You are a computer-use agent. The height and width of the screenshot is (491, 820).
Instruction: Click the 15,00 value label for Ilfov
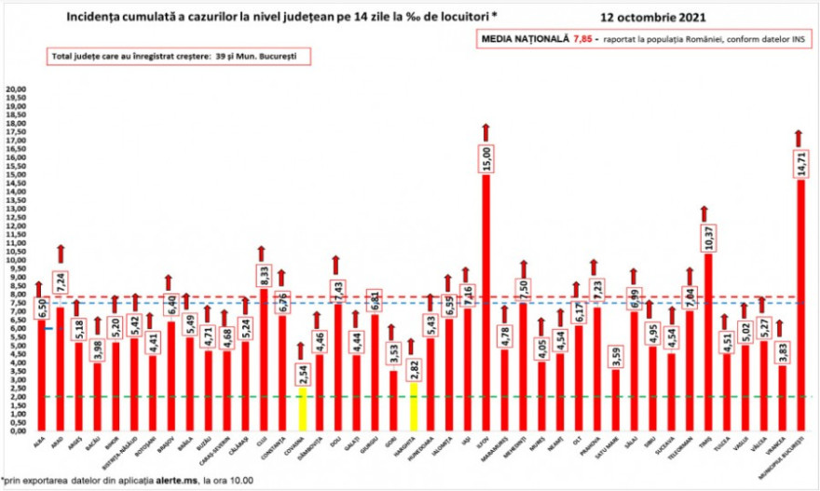[x=485, y=158]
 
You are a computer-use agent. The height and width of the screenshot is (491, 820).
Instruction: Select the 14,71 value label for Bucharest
[x=799, y=164]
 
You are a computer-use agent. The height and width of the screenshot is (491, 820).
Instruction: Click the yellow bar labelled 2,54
[x=300, y=409]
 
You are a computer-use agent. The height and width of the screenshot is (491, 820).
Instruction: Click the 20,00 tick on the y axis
[x=17, y=90]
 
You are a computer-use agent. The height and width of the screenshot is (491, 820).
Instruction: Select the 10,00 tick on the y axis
[x=17, y=261]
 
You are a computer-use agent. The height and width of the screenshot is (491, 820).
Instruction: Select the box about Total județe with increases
[x=178, y=57]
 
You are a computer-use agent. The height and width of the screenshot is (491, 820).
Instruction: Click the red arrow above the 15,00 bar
[x=485, y=130]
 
